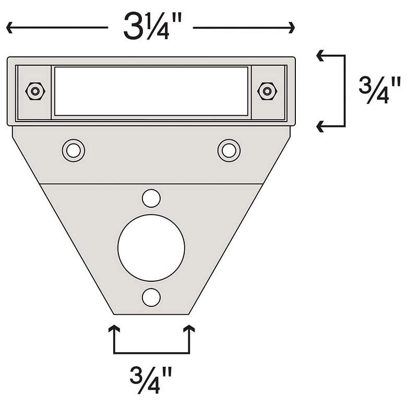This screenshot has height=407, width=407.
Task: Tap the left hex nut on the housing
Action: pyautogui.click(x=35, y=91)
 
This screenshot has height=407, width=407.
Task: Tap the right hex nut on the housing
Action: pyautogui.click(x=267, y=91)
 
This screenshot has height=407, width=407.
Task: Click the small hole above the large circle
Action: pyautogui.click(x=151, y=198)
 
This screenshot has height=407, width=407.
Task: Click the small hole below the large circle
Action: pyautogui.click(x=151, y=297)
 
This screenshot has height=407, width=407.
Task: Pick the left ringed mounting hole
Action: pyautogui.click(x=74, y=150)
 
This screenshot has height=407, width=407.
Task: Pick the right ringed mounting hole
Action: pyautogui.click(x=229, y=150)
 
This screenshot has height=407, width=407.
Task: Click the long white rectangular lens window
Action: pyautogui.click(x=151, y=91)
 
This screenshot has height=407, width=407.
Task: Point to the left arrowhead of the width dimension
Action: pyautogui.click(x=9, y=27)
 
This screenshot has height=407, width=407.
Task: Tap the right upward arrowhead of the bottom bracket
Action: pyautogui.click(x=188, y=329)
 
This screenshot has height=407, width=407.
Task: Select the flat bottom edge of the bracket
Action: pyautogui.click(x=151, y=314)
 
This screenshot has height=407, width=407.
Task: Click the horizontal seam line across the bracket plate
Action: pyautogui.click(x=151, y=184)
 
